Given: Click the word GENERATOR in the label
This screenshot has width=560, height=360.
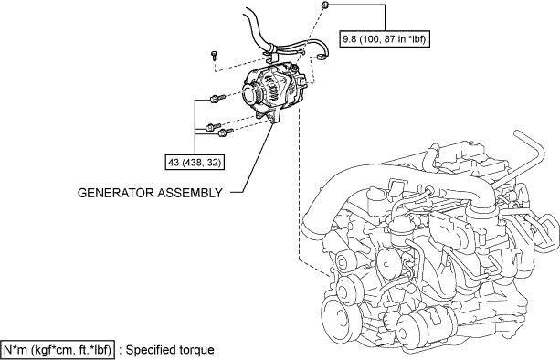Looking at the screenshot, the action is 116,193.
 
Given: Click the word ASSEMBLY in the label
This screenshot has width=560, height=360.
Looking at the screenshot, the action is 190,193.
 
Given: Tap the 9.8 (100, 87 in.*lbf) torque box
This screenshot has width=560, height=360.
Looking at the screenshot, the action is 385,39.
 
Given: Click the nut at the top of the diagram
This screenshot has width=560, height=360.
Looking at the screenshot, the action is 324,5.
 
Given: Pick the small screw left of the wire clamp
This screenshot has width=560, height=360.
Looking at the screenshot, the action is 214,56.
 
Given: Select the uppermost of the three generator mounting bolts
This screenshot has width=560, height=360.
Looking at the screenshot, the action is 217,98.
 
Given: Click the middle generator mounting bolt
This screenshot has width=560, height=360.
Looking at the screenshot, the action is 213,127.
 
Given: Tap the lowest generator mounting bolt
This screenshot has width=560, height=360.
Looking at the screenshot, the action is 225,132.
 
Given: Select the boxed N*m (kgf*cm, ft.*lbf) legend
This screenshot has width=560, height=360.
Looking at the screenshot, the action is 58,350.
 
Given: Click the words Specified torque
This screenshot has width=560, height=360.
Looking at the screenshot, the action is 170,350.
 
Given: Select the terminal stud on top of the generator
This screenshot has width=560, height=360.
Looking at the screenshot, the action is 295,68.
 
